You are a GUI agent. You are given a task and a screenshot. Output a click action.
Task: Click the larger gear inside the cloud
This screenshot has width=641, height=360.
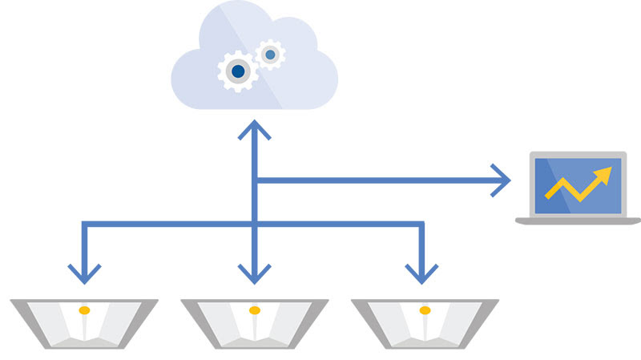point(238,71)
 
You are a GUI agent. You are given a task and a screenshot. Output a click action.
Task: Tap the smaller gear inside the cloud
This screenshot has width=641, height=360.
point(270,55)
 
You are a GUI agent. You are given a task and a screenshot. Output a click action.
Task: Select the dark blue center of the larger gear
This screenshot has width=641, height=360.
point(238,71)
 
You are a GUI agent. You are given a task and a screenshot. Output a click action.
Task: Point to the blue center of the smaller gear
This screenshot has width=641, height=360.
point(270,55)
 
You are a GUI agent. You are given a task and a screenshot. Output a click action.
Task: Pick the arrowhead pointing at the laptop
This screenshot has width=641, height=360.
point(502,180)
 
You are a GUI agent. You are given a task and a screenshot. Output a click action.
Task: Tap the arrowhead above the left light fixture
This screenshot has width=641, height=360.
point(84,273)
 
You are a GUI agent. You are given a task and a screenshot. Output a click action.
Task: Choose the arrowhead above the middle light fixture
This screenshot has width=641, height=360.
point(255,273)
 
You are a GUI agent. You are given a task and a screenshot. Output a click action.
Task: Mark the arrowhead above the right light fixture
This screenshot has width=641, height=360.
point(421,273)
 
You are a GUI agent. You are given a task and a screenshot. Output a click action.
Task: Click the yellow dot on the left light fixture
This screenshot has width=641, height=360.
point(84,309)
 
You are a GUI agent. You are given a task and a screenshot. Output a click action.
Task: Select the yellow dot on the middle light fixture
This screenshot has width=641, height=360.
point(255,309)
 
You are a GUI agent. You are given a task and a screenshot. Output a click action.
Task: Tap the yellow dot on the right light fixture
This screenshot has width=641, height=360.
point(425,309)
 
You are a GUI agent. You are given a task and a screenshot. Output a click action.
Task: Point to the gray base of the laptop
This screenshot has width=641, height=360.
point(578,220)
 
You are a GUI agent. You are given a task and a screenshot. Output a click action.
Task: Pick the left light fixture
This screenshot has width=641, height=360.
point(84,323)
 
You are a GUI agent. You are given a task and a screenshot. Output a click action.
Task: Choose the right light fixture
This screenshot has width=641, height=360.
point(425,323)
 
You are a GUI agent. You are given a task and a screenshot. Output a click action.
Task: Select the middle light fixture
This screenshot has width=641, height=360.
point(255,323)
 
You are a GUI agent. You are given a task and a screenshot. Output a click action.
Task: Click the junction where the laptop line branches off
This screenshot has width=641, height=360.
point(255,180)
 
